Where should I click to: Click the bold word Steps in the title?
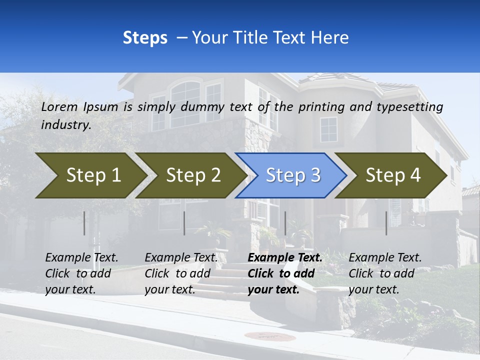(x=145, y=38)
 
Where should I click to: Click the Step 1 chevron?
(x=90, y=175)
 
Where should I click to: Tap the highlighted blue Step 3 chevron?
(x=292, y=175)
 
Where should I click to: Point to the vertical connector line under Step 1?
(x=84, y=223)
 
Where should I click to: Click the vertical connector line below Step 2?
(x=184, y=223)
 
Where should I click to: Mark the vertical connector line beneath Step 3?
(x=285, y=223)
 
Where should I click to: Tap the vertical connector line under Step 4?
(x=386, y=223)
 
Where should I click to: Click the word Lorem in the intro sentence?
(x=59, y=107)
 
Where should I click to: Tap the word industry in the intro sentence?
(x=66, y=125)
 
